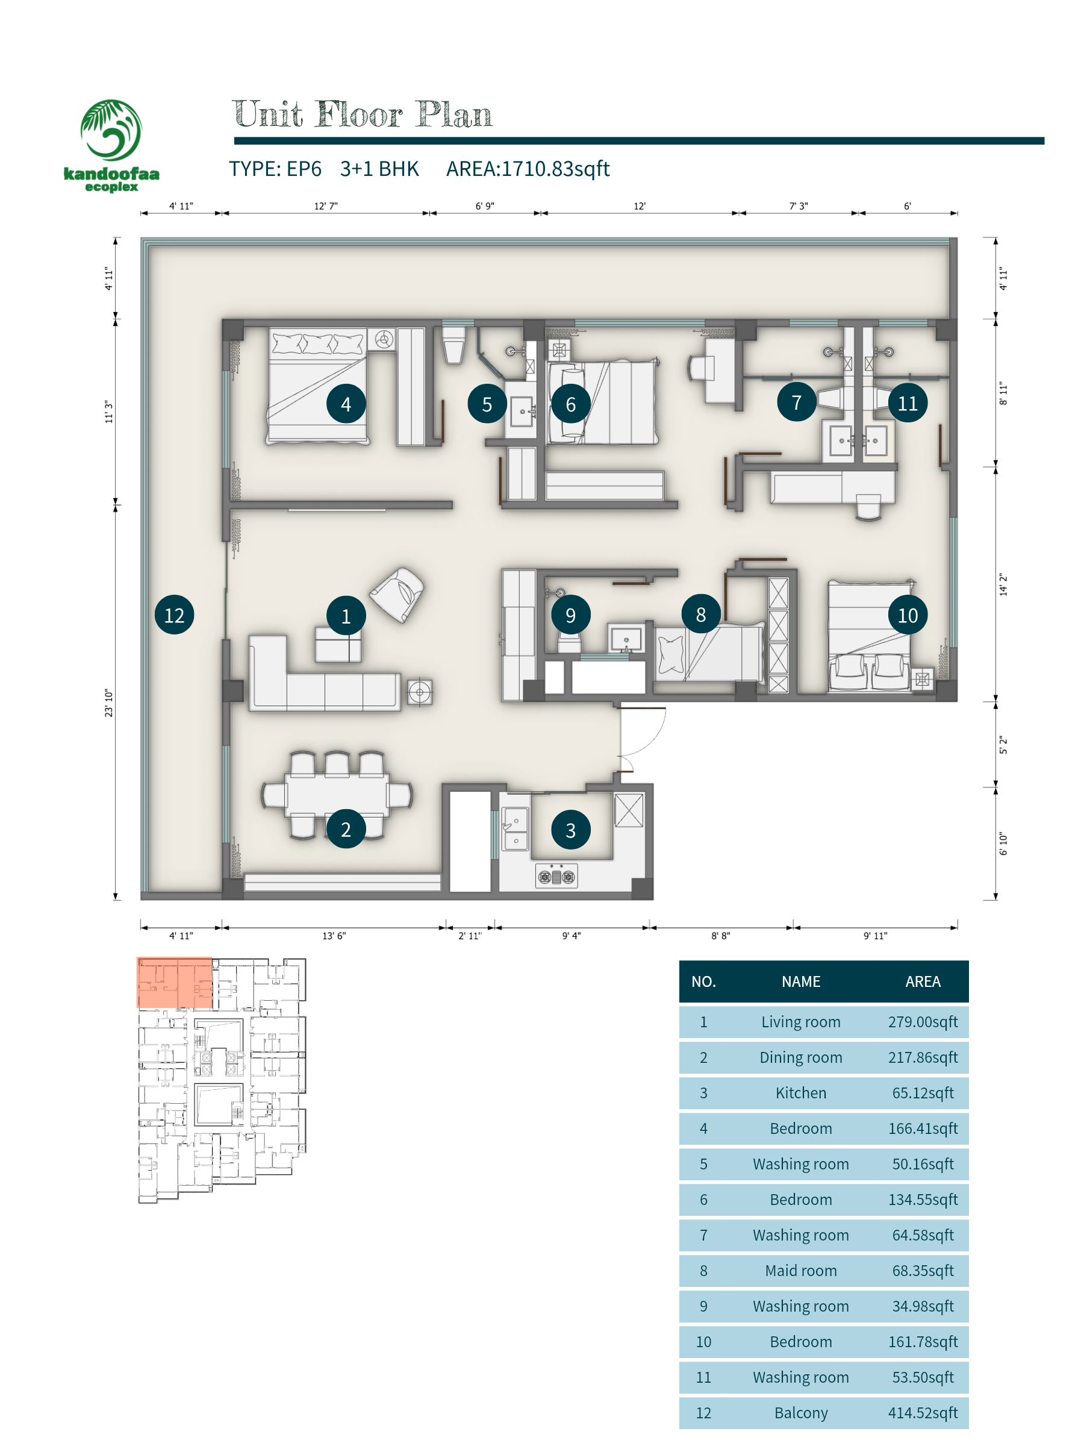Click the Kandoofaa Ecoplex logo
tap(111, 145)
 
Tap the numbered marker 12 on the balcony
tap(174, 615)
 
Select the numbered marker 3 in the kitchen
tap(570, 830)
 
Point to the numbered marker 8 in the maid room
tap(700, 614)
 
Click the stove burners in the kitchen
tap(556, 876)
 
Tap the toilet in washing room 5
tap(454, 345)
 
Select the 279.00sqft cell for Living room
tap(922, 1022)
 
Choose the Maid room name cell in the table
tap(800, 1270)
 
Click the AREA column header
tap(922, 981)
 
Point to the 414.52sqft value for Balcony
tap(922, 1413)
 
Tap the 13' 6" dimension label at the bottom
tap(334, 936)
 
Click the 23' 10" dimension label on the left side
tap(108, 703)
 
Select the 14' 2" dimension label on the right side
tap(1003, 585)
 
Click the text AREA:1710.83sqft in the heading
tap(528, 169)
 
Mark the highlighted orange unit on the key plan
tap(175, 983)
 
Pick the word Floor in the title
tap(359, 114)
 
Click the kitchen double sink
tap(515, 829)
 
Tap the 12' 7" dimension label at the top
tap(325, 206)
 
